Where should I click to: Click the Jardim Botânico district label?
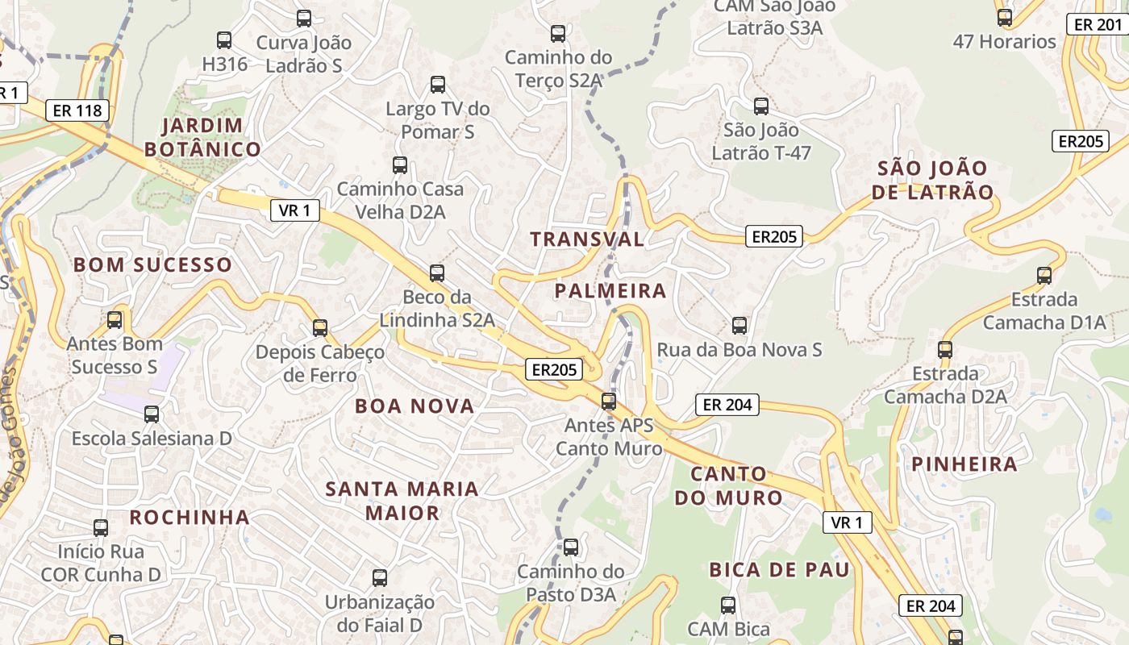tap(202, 137)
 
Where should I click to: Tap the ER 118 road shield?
tap(77, 110)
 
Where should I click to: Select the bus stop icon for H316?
tap(224, 40)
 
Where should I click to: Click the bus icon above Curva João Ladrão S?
tap(304, 19)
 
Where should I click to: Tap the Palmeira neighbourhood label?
tap(610, 291)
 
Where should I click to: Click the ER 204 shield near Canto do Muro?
tap(727, 405)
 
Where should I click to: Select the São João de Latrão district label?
tap(933, 180)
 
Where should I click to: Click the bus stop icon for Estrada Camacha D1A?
tap(1044, 275)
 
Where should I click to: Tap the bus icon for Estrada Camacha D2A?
tap(945, 350)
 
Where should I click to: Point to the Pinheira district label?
tap(964, 464)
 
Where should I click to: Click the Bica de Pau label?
tap(779, 570)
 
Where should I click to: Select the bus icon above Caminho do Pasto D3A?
tap(571, 547)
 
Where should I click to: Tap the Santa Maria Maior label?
tap(402, 501)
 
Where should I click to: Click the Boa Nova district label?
tap(415, 406)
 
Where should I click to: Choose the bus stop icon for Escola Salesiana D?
tap(152, 414)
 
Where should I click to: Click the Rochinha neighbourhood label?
tap(190, 518)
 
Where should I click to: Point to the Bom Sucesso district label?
tap(152, 264)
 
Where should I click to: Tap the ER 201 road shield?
tap(1097, 25)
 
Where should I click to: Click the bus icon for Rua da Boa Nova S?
tap(739, 326)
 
